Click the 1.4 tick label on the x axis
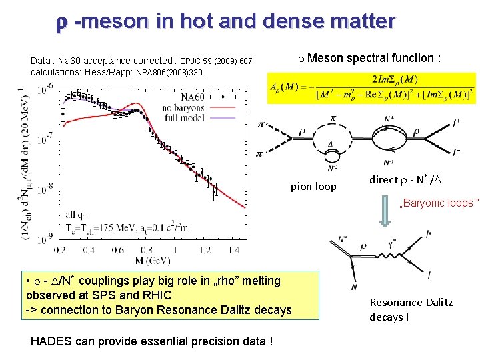[x=233, y=251]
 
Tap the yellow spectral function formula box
[x=372, y=88]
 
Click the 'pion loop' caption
[x=313, y=186]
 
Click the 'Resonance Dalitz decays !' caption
[x=411, y=309]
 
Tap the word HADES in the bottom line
[x=55, y=341]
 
